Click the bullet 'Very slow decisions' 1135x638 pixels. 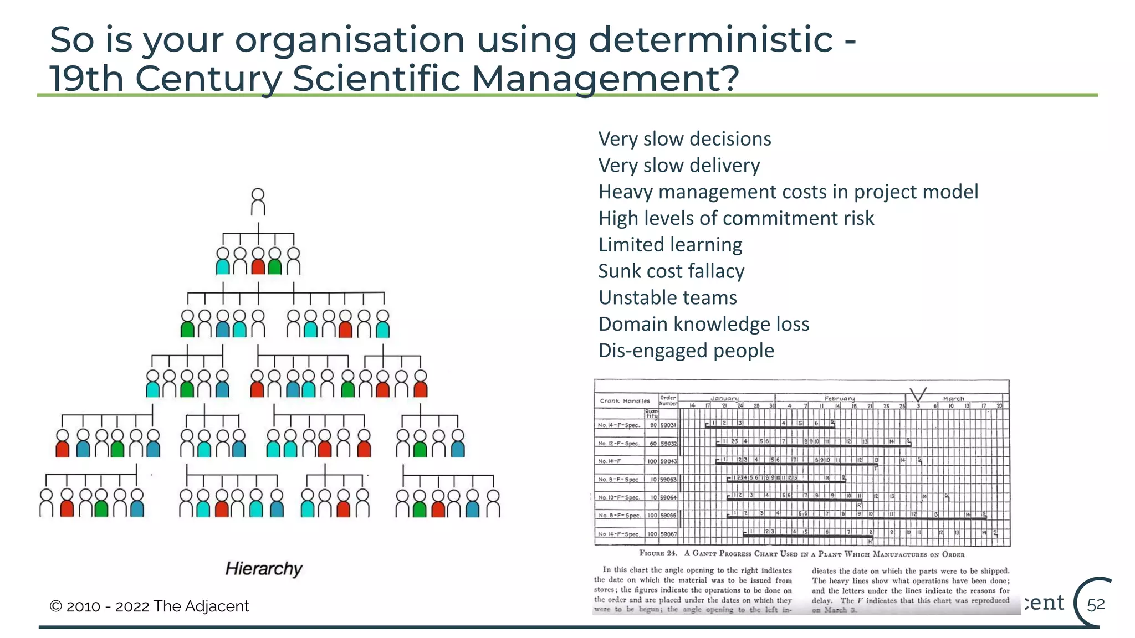coord(684,139)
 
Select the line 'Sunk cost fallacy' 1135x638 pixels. coord(671,271)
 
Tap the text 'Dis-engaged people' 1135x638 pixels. coord(686,351)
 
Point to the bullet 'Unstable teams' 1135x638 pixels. coord(667,298)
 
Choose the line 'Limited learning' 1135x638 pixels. coord(670,245)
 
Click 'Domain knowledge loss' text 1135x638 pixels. coord(704,324)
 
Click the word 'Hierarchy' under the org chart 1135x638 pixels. coord(264,569)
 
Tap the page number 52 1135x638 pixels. coord(1096,605)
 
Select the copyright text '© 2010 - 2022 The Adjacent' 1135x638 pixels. coord(150,606)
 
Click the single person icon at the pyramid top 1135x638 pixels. coord(258,202)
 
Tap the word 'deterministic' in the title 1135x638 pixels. coord(710,40)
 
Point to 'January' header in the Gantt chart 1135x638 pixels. coord(724,398)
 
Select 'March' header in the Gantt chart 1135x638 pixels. coord(953,398)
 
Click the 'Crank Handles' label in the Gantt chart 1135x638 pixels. coord(625,401)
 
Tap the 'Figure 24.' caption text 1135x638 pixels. coord(658,553)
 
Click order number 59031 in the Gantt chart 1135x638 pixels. coord(668,425)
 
